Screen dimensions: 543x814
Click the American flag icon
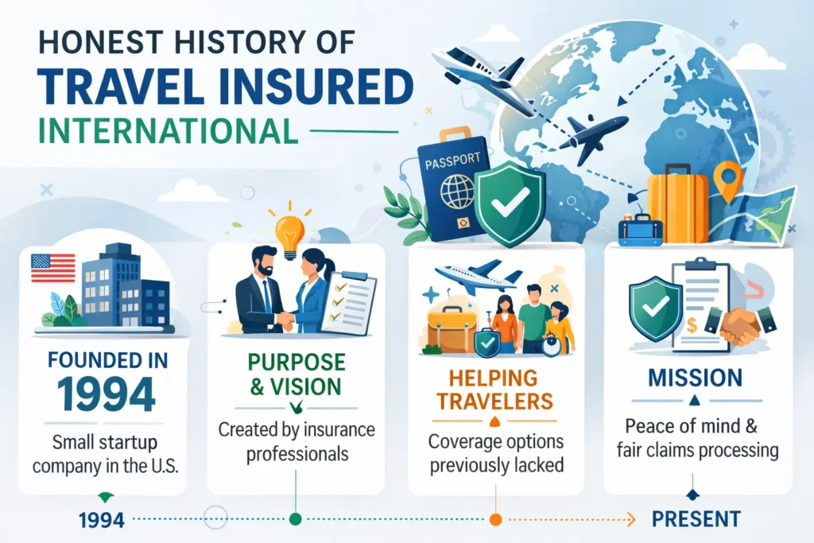pyautogui.click(x=52, y=268)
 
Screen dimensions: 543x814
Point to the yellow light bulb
pyautogui.click(x=289, y=231)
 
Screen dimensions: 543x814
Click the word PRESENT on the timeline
pyautogui.click(x=696, y=519)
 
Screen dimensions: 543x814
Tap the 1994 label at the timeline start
pyautogui.click(x=102, y=520)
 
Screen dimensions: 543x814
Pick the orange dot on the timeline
pyautogui.click(x=495, y=519)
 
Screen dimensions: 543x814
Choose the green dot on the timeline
pyautogui.click(x=296, y=519)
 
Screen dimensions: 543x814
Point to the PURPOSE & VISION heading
pyautogui.click(x=297, y=374)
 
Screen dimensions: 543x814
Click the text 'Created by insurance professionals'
pyautogui.click(x=297, y=442)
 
